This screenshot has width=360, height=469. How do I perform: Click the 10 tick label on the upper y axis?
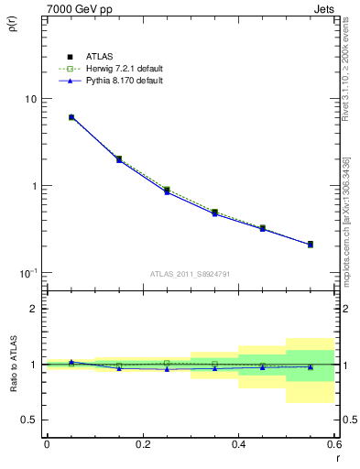coord(29,99)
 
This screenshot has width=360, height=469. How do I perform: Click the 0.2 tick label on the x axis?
coord(142,444)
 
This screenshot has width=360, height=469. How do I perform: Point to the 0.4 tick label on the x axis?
coord(238,444)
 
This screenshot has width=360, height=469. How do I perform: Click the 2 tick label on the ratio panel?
coord(34,309)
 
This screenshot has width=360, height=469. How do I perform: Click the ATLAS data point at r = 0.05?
coord(71,117)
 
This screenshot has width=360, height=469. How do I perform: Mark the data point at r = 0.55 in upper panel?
coord(311,245)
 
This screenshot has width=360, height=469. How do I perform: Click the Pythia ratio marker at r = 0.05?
coord(71,362)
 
